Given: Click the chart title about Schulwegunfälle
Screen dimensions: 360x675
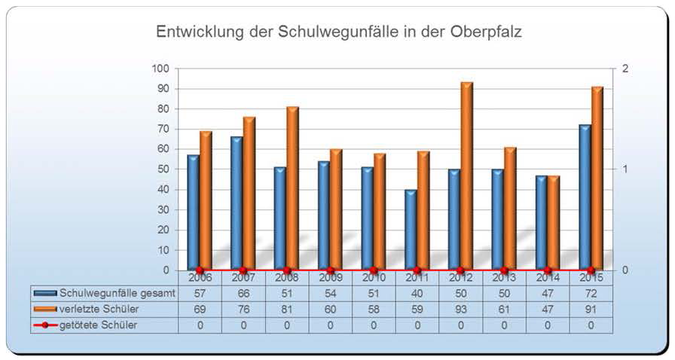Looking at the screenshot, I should pos(338,32).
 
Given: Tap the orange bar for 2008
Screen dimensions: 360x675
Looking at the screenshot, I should pos(292,188).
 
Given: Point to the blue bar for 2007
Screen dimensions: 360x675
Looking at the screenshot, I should pos(237,203).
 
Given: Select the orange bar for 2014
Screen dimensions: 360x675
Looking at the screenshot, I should pos(554,223).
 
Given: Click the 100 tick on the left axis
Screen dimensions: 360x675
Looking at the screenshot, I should pos(160,69).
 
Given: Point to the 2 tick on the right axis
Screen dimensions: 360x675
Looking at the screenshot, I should pos(625,69).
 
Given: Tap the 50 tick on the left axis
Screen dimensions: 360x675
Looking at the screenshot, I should pos(162,169).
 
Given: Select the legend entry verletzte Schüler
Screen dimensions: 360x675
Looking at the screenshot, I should pos(97,309).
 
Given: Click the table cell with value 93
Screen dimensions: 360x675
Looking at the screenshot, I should pos(461,309).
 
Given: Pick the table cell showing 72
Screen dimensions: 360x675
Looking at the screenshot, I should pos(591,294).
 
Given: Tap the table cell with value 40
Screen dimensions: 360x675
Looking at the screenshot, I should pos(417,294).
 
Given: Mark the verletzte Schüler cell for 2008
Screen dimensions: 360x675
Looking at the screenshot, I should pos(287,309).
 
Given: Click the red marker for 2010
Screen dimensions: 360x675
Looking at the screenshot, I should pos(374,270).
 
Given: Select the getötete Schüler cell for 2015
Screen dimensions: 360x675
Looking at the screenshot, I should pos(591,325).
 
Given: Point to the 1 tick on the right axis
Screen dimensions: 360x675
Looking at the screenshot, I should pos(625,169).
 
